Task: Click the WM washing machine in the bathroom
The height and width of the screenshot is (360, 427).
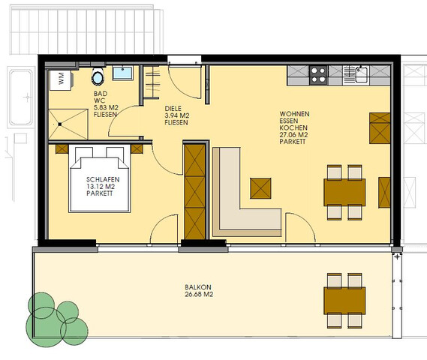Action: pyautogui.click(x=62, y=80)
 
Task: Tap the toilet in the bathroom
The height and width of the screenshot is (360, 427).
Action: pyautogui.click(x=98, y=76)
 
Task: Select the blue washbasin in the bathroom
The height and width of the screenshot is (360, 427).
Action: pyautogui.click(x=123, y=73)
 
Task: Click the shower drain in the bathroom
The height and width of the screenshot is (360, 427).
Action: pyautogui.click(x=60, y=124)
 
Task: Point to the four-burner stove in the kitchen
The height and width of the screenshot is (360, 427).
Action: pyautogui.click(x=319, y=75)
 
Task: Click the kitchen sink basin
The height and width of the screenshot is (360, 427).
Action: pyautogui.click(x=361, y=75)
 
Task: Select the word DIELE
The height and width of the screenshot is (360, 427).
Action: pyautogui.click(x=173, y=109)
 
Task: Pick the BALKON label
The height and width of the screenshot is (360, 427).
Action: pyautogui.click(x=198, y=287)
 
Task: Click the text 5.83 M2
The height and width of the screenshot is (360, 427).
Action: pyautogui.click(x=106, y=107)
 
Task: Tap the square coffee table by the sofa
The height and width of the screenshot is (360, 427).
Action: pyautogui.click(x=260, y=188)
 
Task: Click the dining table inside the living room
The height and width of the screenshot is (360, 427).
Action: pyautogui.click(x=344, y=193)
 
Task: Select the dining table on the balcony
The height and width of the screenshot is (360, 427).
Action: pyautogui.click(x=344, y=301)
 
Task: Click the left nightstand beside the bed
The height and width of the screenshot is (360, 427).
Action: pyautogui.click(x=62, y=149)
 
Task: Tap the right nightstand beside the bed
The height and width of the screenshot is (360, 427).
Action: pyautogui.click(x=137, y=149)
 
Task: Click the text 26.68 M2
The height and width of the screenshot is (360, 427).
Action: pyautogui.click(x=199, y=294)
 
